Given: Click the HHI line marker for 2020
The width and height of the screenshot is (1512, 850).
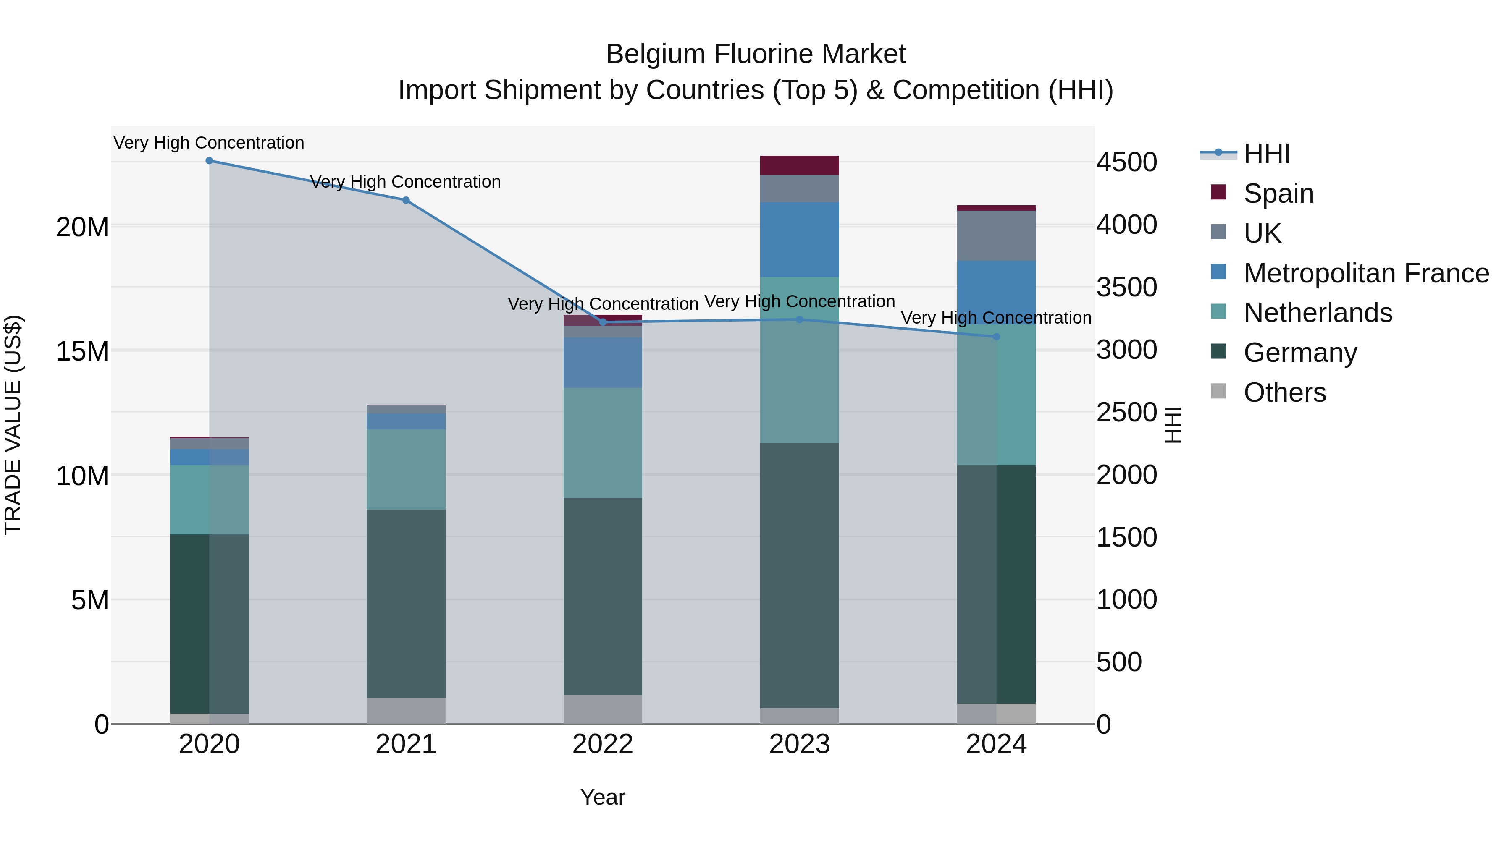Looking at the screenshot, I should [209, 161].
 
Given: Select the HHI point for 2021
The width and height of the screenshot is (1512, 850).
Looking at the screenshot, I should [406, 200].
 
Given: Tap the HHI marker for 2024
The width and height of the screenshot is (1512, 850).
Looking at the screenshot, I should [996, 337].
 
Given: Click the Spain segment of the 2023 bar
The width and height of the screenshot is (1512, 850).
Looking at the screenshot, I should [799, 165].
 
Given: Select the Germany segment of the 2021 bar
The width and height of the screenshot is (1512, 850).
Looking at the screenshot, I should [406, 604].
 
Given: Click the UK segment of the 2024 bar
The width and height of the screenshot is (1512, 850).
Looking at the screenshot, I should [996, 236].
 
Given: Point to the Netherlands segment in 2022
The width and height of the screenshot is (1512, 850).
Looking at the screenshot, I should [603, 443].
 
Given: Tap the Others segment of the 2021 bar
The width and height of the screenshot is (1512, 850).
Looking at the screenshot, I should [406, 711].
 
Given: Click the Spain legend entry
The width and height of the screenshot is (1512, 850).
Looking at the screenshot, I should [1278, 193].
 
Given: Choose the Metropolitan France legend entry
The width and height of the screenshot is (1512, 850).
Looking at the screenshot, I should [1366, 273].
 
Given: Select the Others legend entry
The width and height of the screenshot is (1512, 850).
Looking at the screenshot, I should [1284, 392].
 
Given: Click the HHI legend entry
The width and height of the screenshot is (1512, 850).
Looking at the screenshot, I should [1267, 154].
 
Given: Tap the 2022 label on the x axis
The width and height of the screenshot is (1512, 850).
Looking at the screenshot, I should [603, 744].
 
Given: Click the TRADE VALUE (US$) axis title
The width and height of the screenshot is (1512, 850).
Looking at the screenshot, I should [13, 425].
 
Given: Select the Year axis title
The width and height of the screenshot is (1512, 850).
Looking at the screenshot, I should [603, 797].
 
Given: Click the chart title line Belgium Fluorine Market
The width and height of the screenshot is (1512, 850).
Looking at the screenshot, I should [756, 54].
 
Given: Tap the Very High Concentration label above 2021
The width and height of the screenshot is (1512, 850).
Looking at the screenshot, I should [406, 182].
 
